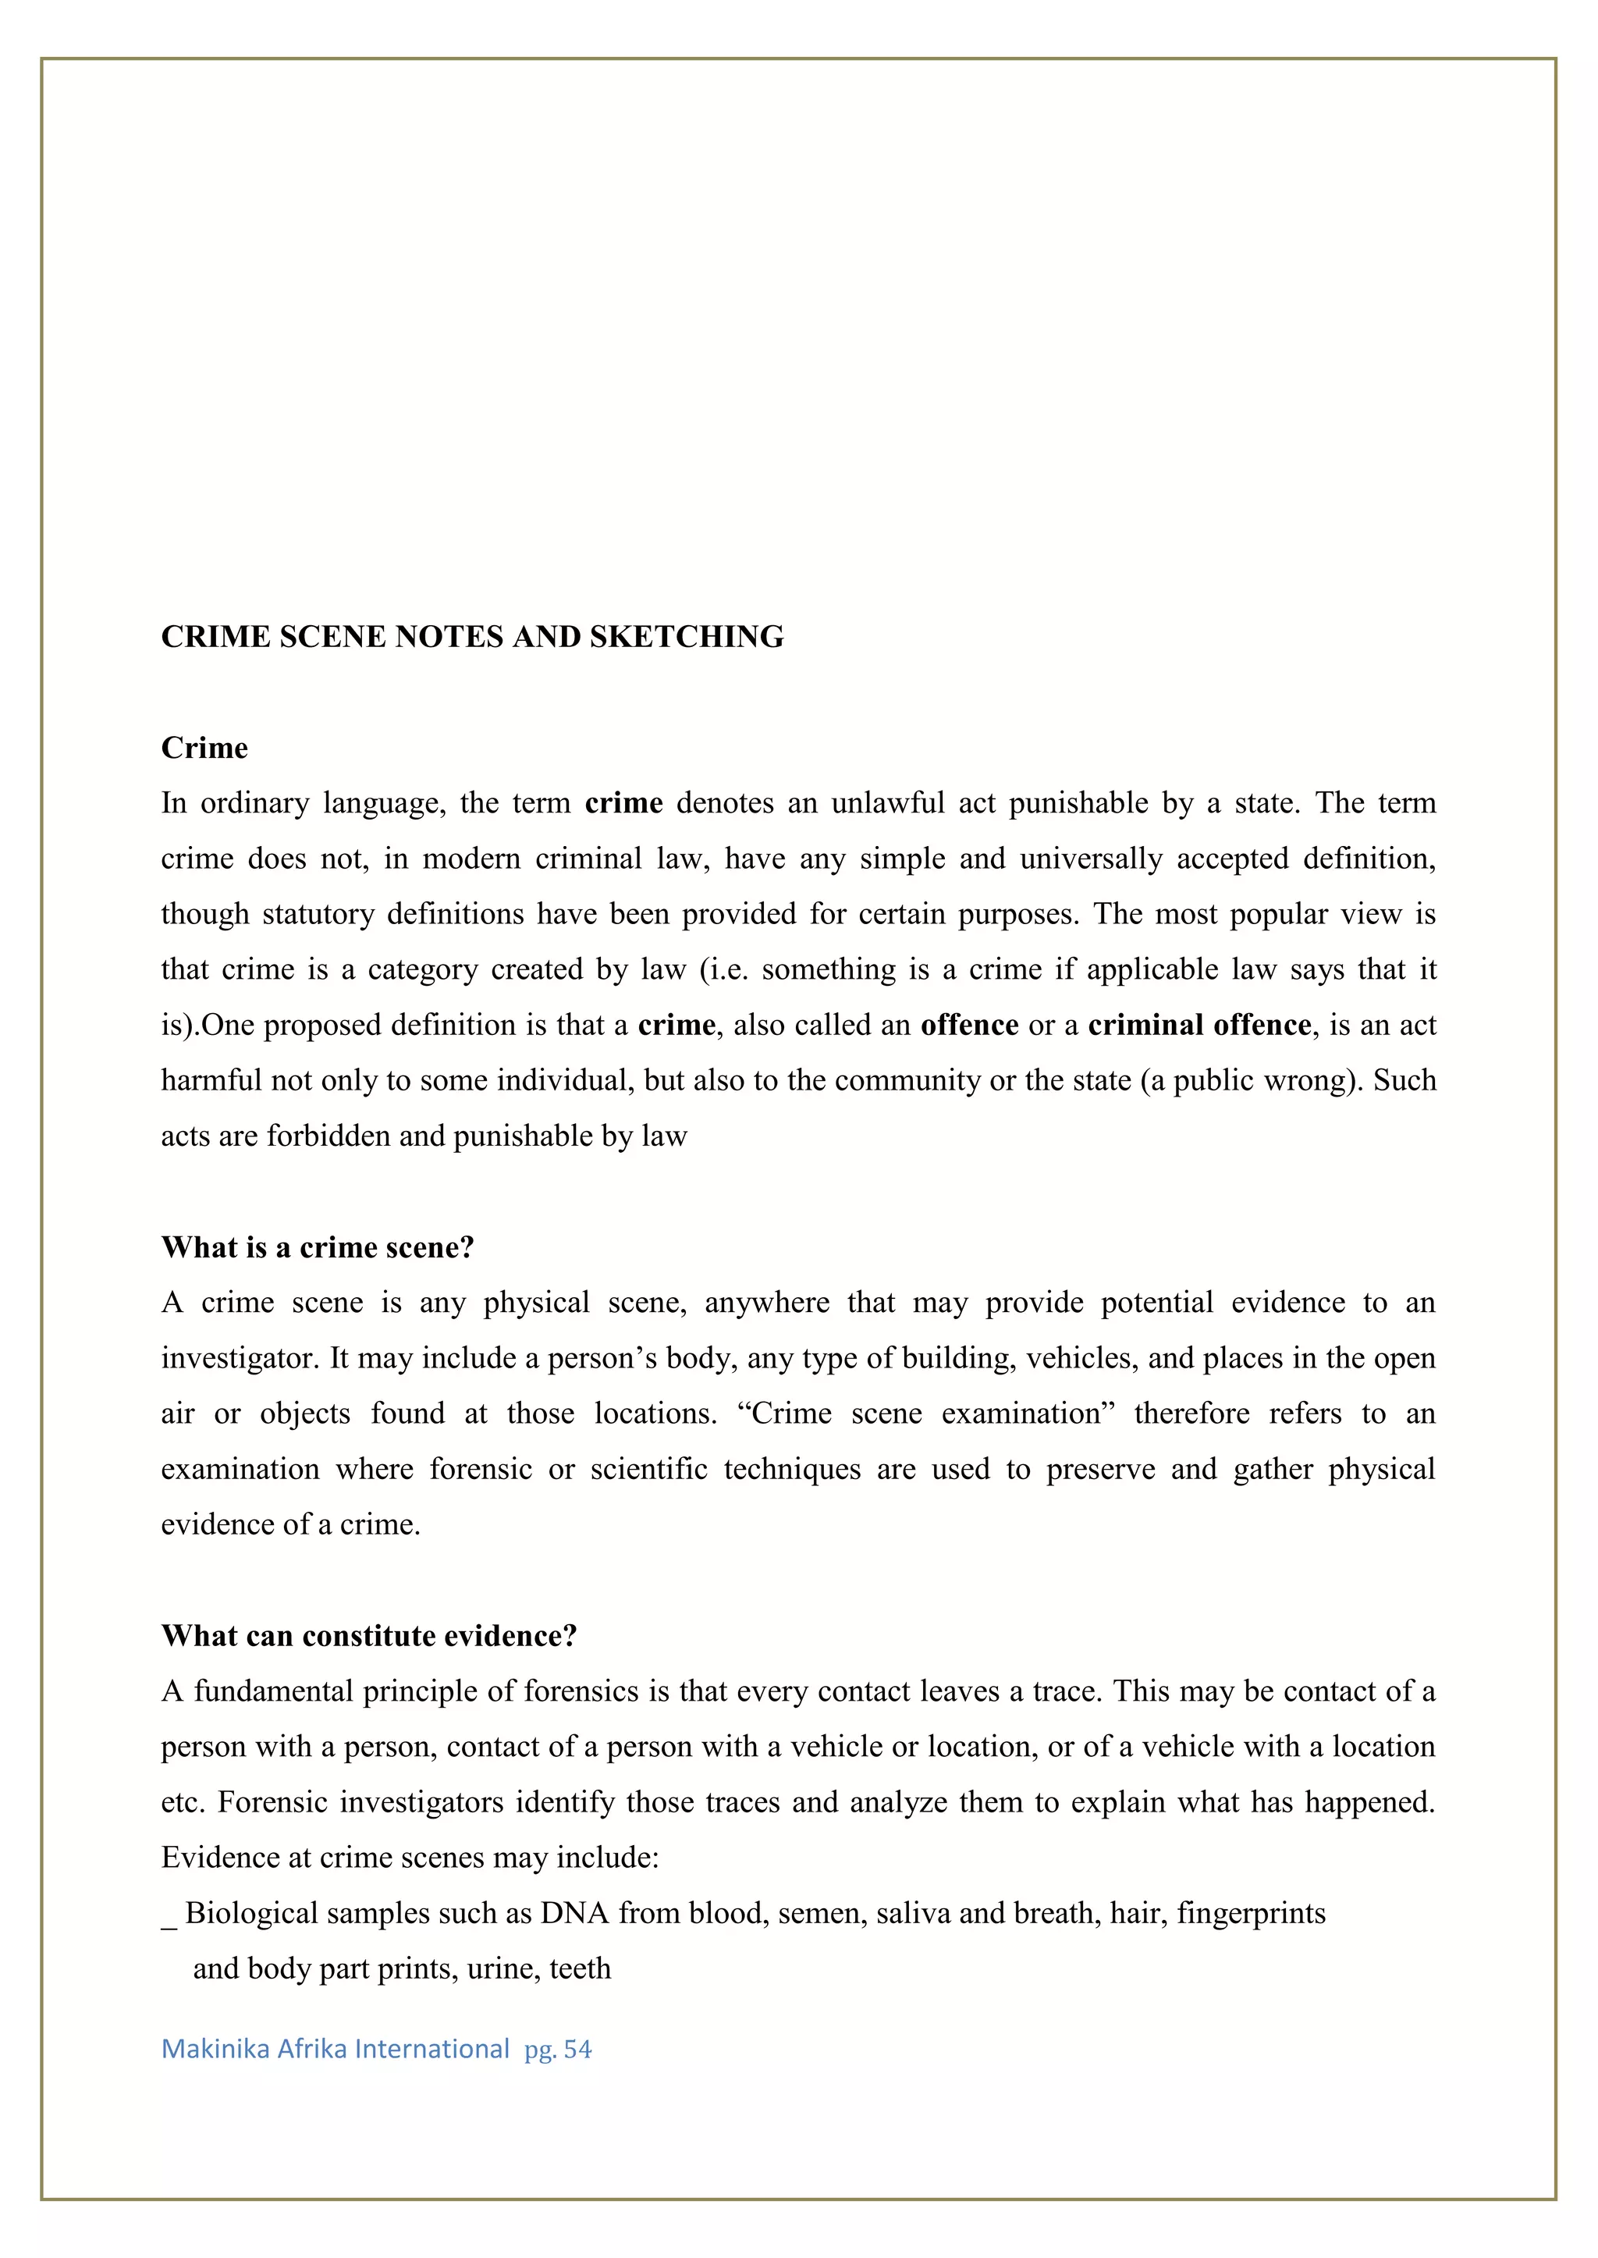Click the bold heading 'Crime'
pos(204,748)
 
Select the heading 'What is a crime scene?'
pos(318,1247)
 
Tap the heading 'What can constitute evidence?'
pos(369,1636)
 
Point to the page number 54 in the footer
pos(577,2050)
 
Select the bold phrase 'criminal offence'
pos(1199,1025)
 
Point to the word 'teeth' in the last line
pos(581,1968)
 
